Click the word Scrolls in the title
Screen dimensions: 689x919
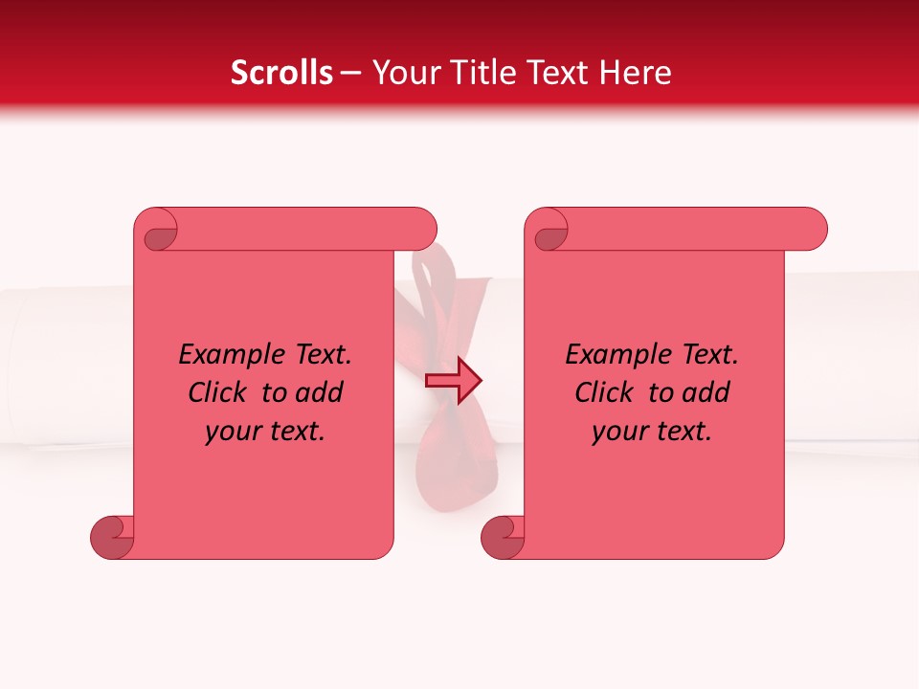click(x=281, y=73)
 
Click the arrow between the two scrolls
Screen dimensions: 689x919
click(x=453, y=380)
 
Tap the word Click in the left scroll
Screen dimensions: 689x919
click(x=218, y=392)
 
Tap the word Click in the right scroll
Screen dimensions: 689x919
click(x=605, y=392)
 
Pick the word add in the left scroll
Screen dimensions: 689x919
click(x=321, y=392)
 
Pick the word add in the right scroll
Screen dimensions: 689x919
click(x=707, y=392)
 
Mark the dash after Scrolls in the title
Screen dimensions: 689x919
click(x=351, y=73)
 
